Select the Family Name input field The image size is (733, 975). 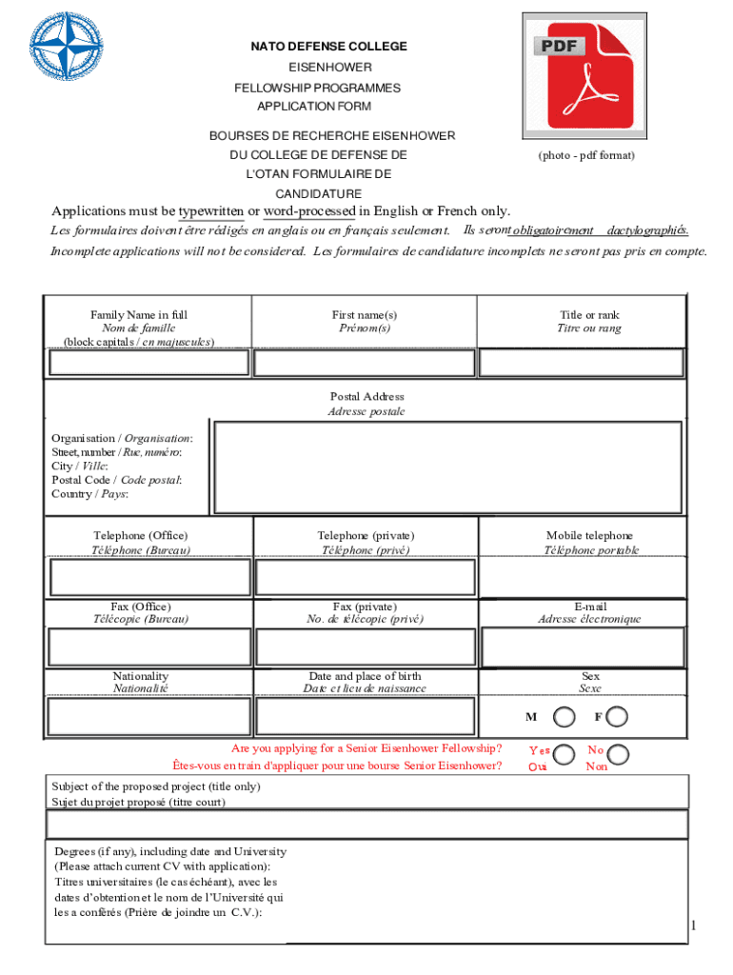pyautogui.click(x=148, y=363)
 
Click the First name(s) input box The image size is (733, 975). pyautogui.click(x=365, y=363)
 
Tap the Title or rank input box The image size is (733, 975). pyautogui.click(x=581, y=363)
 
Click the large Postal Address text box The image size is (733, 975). pyautogui.click(x=448, y=467)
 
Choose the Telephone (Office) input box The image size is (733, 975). pyautogui.click(x=148, y=578)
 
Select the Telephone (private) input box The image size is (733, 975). pyautogui.click(x=365, y=578)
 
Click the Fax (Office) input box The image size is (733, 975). pyautogui.click(x=148, y=647)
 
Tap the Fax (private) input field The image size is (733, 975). pyautogui.click(x=365, y=647)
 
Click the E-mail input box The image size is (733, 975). pyautogui.click(x=581, y=647)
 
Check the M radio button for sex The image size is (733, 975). pyautogui.click(x=565, y=716)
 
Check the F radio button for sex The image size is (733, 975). pyautogui.click(x=618, y=716)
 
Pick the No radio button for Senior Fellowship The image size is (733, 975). pyautogui.click(x=619, y=755)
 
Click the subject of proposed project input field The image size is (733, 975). pyautogui.click(x=367, y=824)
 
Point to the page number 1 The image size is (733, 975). pyautogui.click(x=695, y=925)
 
